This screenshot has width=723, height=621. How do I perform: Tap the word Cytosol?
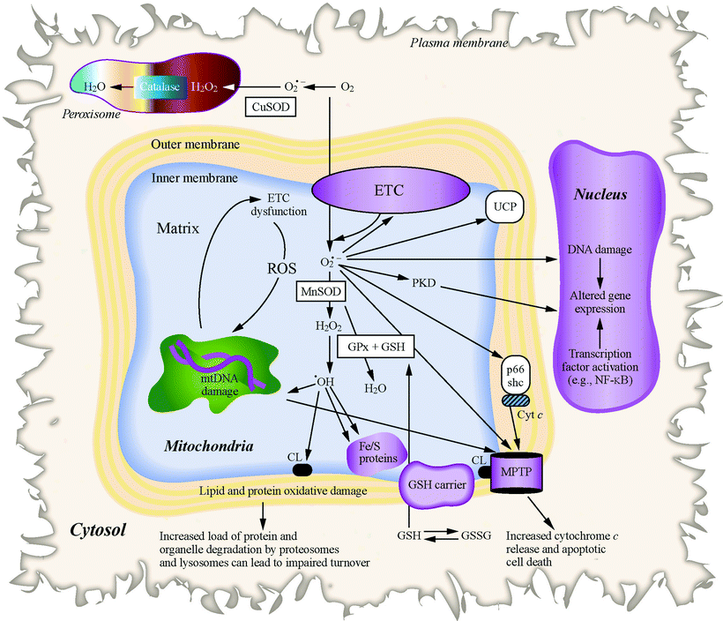pyautogui.click(x=100, y=530)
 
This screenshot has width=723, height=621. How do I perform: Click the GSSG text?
pyautogui.click(x=475, y=535)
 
